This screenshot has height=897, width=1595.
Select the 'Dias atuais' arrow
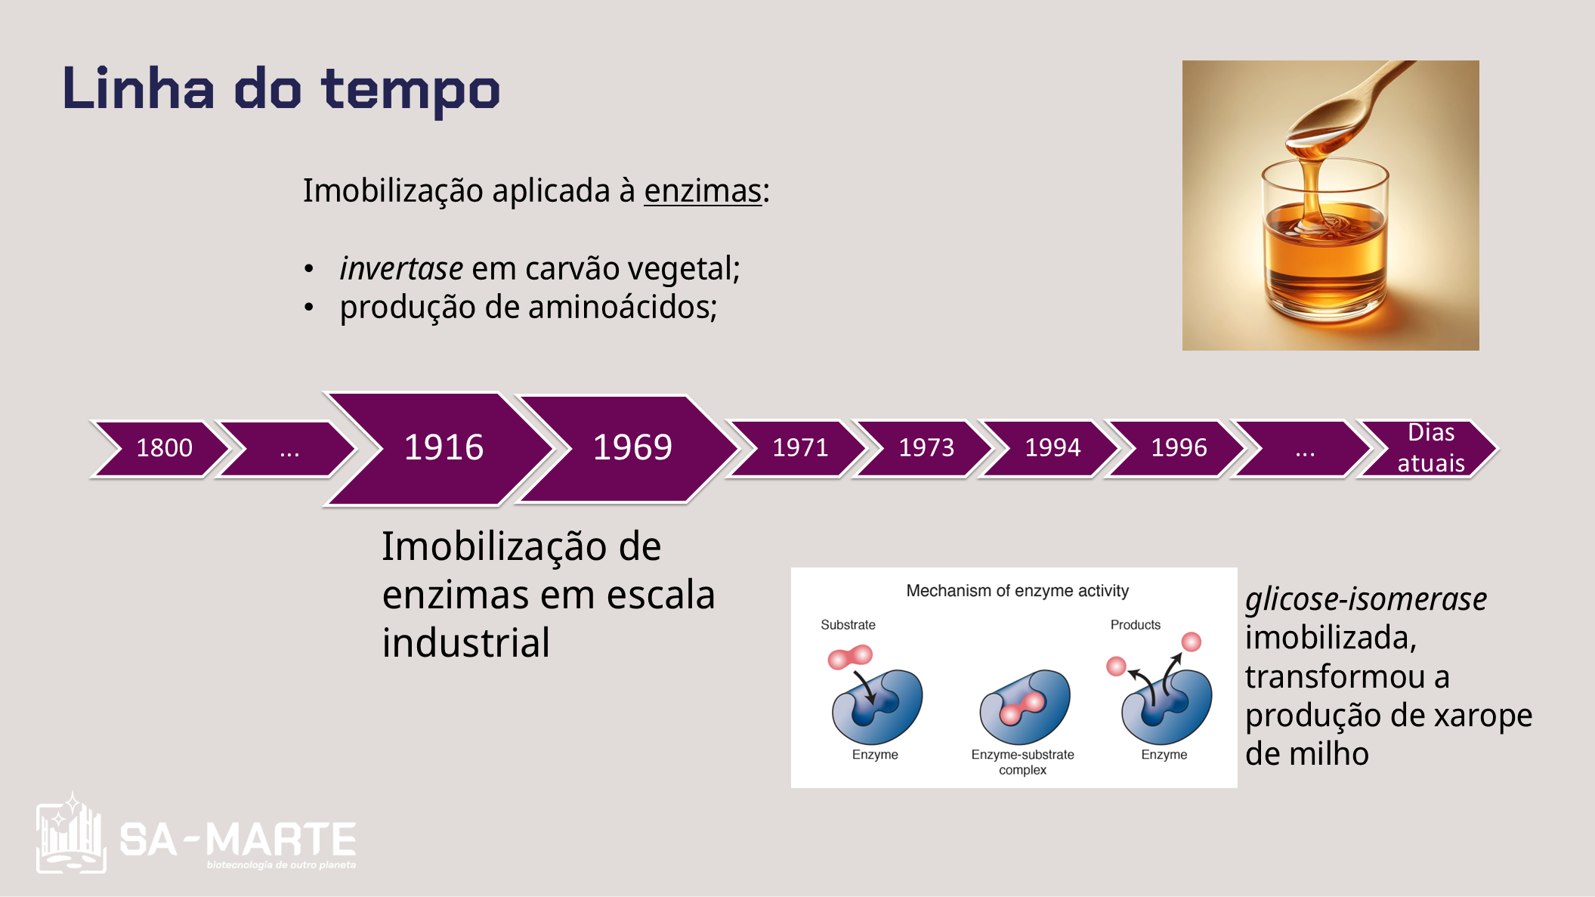(x=1429, y=449)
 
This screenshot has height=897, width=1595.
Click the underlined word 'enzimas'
(x=703, y=190)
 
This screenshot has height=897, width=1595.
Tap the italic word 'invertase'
(x=401, y=268)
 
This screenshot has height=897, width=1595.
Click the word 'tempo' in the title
(x=410, y=91)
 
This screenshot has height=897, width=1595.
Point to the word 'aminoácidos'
(x=623, y=307)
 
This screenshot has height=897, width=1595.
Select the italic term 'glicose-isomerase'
(x=1366, y=599)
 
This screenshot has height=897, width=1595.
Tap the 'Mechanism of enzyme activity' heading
(x=1017, y=591)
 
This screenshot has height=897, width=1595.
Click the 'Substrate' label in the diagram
(x=848, y=625)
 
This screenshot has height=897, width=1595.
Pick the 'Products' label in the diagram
(x=1135, y=625)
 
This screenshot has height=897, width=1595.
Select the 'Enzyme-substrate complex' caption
(x=1022, y=762)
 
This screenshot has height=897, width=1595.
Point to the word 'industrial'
(x=466, y=643)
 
